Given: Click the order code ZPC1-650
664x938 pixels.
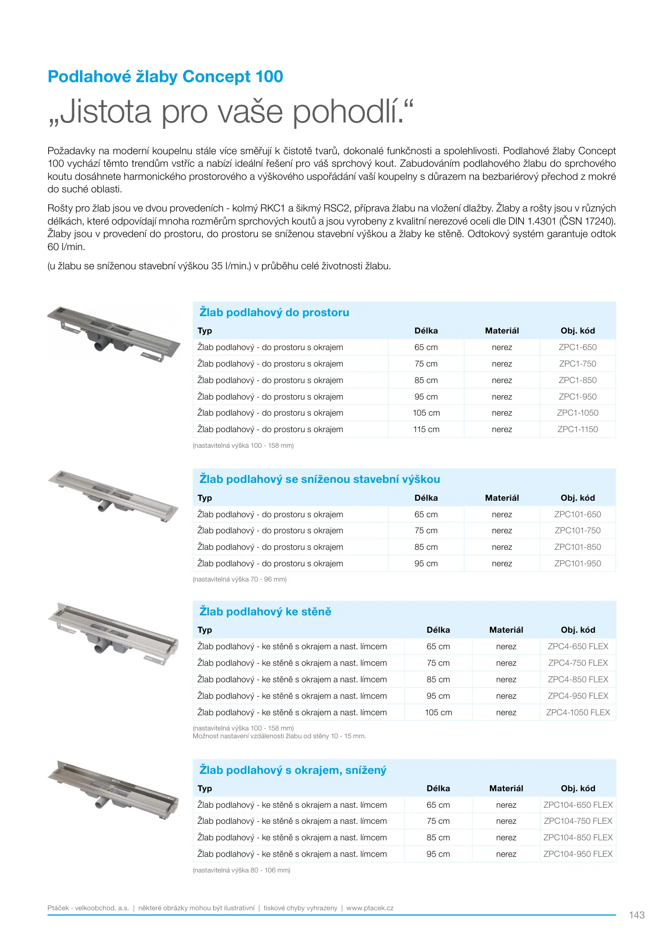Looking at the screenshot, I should (578, 347).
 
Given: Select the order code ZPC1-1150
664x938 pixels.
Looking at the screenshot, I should (578, 429).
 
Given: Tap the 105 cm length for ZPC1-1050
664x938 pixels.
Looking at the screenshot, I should (426, 413).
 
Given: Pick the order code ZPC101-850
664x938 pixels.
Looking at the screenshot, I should (578, 547).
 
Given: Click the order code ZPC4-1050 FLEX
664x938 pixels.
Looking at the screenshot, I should (578, 713).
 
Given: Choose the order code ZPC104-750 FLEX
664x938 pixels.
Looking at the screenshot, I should (578, 821).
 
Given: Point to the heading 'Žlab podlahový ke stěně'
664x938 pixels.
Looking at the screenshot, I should (265, 612).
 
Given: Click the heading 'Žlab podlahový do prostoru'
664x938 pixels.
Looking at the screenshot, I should (274, 313).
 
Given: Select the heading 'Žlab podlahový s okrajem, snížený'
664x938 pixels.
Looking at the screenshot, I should (293, 770).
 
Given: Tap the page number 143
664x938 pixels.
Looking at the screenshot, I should (637, 915).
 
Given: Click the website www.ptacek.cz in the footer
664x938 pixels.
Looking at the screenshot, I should (370, 908).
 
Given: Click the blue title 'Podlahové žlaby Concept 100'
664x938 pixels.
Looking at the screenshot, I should (165, 77).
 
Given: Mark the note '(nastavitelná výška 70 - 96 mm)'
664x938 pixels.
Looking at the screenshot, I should (239, 579).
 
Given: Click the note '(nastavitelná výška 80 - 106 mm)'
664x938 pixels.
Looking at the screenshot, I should (241, 870).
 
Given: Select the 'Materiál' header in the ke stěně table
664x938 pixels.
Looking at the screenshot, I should (506, 630).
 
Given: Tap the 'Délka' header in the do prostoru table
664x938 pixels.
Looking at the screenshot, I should (426, 331).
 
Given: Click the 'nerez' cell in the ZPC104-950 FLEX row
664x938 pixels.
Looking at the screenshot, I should (506, 854).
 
